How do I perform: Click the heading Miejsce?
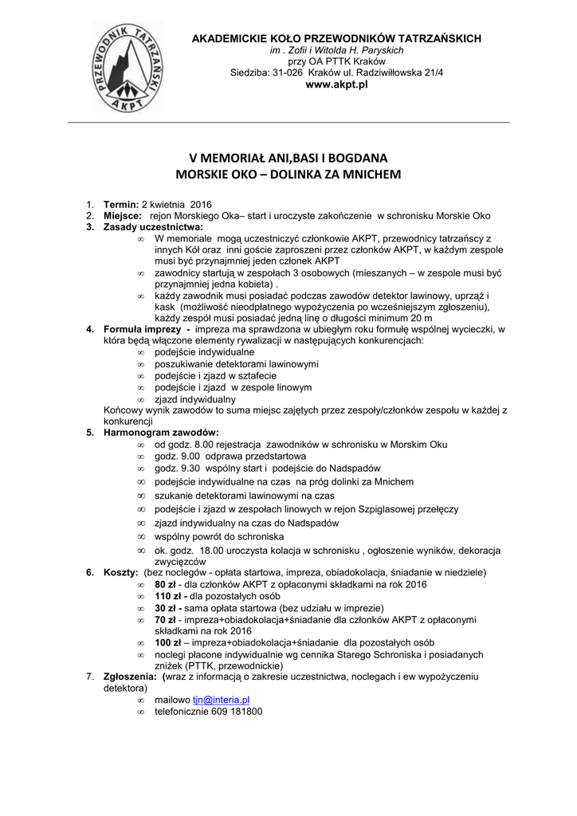[x=123, y=216]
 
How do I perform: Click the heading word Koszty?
[x=121, y=573]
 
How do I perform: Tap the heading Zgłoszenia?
[x=130, y=676]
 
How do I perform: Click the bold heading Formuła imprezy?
[x=146, y=329]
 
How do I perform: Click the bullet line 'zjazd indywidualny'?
[x=195, y=398]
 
